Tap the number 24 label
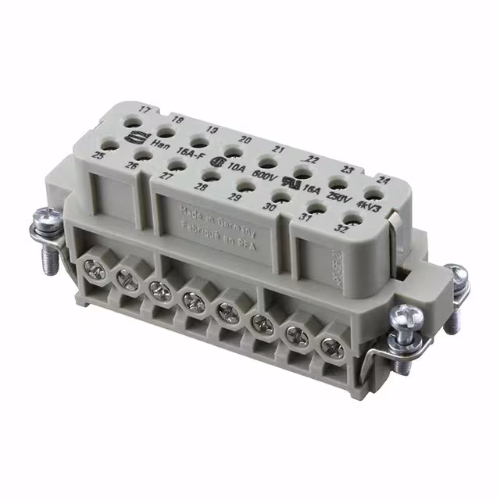pos(383,179)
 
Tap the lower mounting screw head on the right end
pos(407,318)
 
